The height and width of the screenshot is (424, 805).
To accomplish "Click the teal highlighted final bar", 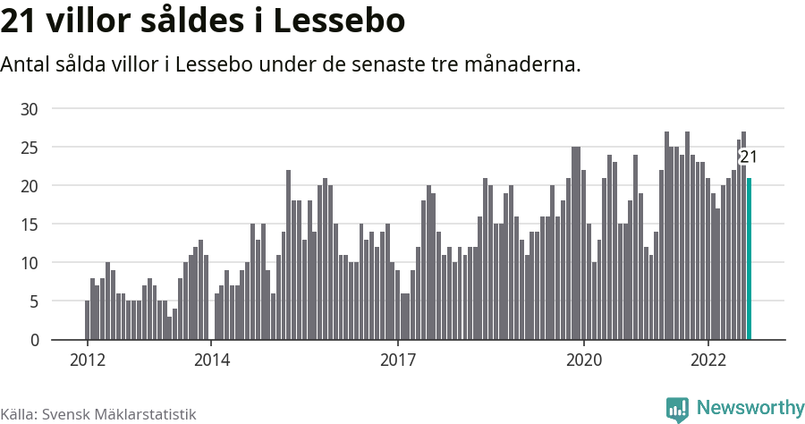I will [750, 259].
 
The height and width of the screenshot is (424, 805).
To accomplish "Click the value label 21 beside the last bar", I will [749, 157].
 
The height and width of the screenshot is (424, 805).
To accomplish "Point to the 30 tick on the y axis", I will [30, 109].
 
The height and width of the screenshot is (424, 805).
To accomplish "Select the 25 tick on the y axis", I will [30, 148].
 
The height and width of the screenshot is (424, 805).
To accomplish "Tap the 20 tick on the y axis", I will [30, 186].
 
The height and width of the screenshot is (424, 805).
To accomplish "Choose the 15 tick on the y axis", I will [30, 225].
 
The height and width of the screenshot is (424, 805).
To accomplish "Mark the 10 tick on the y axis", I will [30, 263].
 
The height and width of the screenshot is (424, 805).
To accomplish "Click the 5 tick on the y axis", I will [34, 302].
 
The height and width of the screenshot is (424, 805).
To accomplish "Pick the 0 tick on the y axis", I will [34, 341].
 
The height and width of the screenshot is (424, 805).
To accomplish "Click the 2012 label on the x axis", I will [87, 360].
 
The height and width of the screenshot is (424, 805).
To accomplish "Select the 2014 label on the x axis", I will [211, 360].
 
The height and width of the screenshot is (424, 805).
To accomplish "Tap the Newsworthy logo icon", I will [677, 409].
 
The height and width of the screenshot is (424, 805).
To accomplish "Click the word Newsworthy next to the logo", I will [750, 408].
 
